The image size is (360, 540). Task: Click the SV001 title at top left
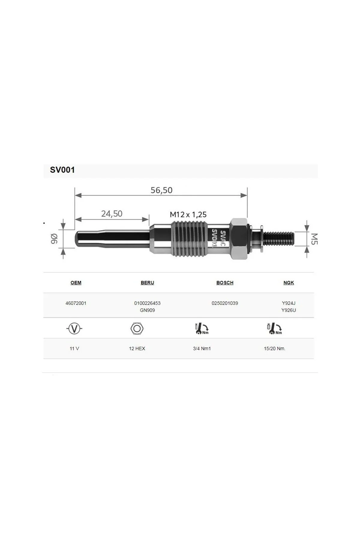click(x=62, y=170)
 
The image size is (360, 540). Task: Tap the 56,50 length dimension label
click(x=161, y=190)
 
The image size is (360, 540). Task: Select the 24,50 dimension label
click(x=112, y=214)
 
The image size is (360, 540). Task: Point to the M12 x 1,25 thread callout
click(x=188, y=214)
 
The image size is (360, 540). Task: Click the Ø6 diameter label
click(x=54, y=239)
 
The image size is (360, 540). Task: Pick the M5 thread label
click(x=314, y=239)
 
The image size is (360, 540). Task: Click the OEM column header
click(x=76, y=283)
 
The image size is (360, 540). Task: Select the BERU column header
click(x=147, y=283)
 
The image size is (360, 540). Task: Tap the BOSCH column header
click(x=225, y=283)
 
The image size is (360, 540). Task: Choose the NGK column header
click(x=289, y=283)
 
